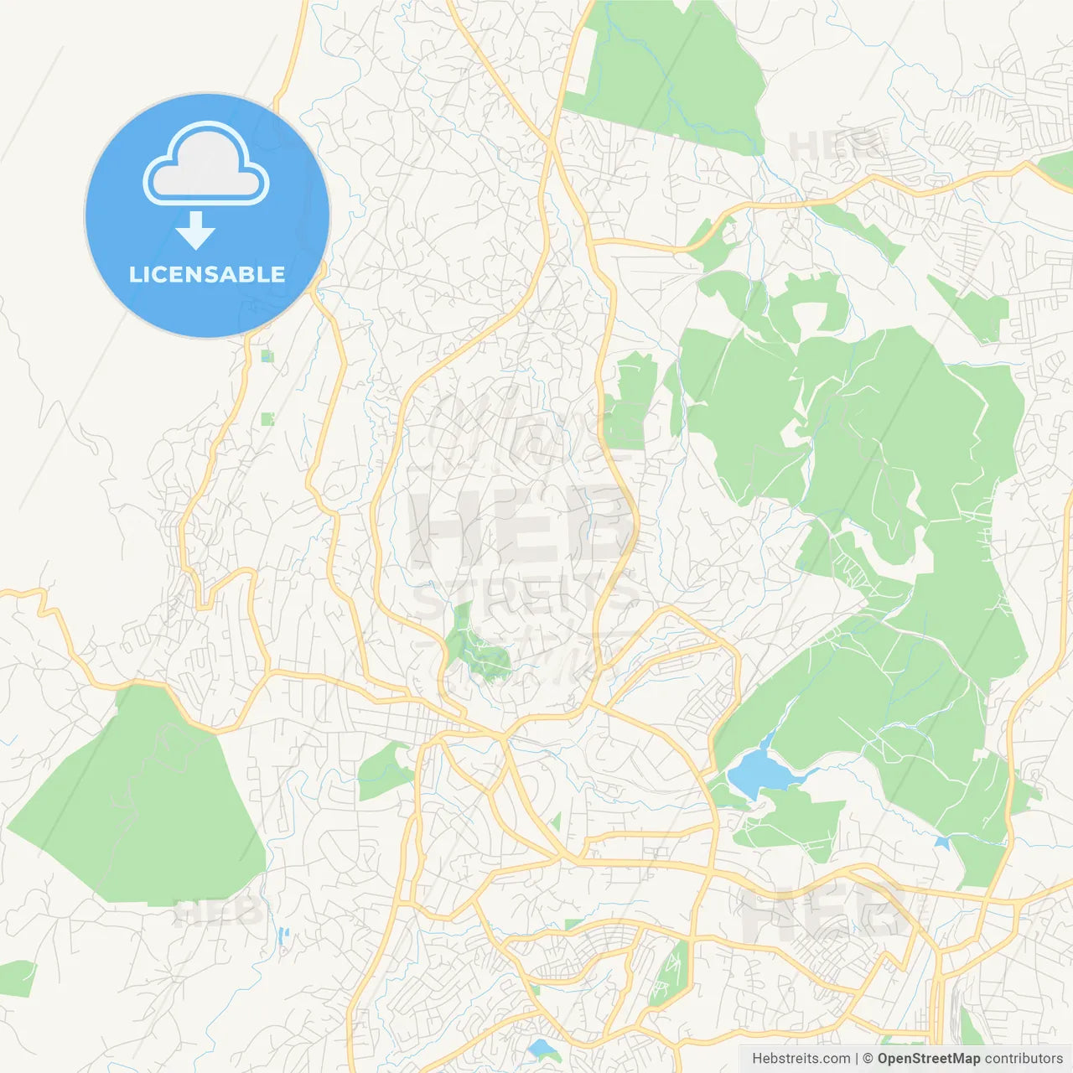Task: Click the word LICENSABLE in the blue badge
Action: pyautogui.click(x=207, y=275)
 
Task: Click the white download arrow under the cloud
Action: pyautogui.click(x=196, y=231)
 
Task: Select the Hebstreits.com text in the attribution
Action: pyautogui.click(x=801, y=1059)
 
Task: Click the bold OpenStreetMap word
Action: pyautogui.click(x=928, y=1059)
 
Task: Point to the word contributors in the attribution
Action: pyautogui.click(x=1024, y=1059)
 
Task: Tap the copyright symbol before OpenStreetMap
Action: pyautogui.click(x=868, y=1059)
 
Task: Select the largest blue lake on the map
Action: pyautogui.click(x=759, y=772)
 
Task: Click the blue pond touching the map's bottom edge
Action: pyautogui.click(x=542, y=1048)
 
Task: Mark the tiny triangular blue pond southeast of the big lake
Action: pyautogui.click(x=942, y=842)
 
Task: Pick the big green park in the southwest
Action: pyautogui.click(x=143, y=805)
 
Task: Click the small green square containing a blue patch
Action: pyautogui.click(x=267, y=356)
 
